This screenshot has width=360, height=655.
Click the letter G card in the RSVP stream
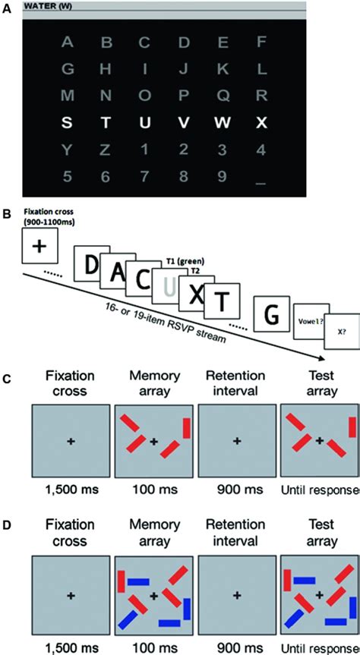tap(271, 313)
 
